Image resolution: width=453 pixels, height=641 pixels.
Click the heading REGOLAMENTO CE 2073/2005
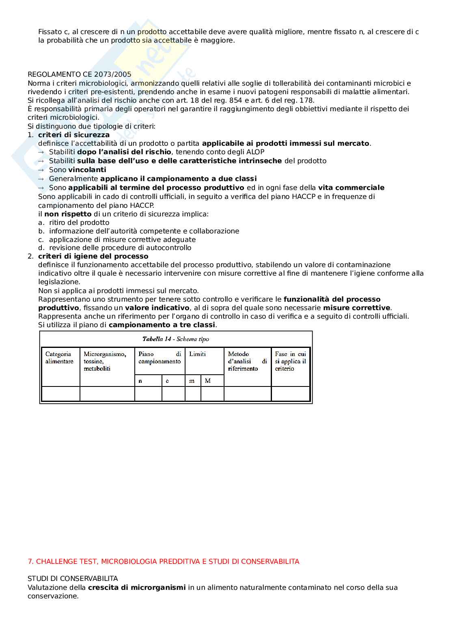click(x=80, y=74)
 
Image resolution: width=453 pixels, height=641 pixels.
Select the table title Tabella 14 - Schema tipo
click(x=175, y=339)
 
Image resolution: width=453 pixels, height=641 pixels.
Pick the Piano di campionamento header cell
click(x=160, y=358)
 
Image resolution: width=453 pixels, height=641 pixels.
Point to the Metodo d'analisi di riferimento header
click(x=247, y=361)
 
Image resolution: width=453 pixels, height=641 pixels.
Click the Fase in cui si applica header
click(x=290, y=361)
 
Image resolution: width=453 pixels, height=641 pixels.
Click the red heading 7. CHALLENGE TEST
click(x=163, y=561)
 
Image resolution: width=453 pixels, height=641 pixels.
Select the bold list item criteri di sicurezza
click(x=74, y=135)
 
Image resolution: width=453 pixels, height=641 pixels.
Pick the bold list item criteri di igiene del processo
click(x=93, y=256)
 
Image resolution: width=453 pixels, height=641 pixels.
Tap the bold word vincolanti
click(x=87, y=170)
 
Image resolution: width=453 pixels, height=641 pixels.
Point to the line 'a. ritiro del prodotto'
click(x=74, y=222)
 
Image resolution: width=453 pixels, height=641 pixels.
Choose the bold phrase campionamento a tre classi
click(x=162, y=325)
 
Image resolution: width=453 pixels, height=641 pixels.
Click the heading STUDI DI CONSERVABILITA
click(x=73, y=578)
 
